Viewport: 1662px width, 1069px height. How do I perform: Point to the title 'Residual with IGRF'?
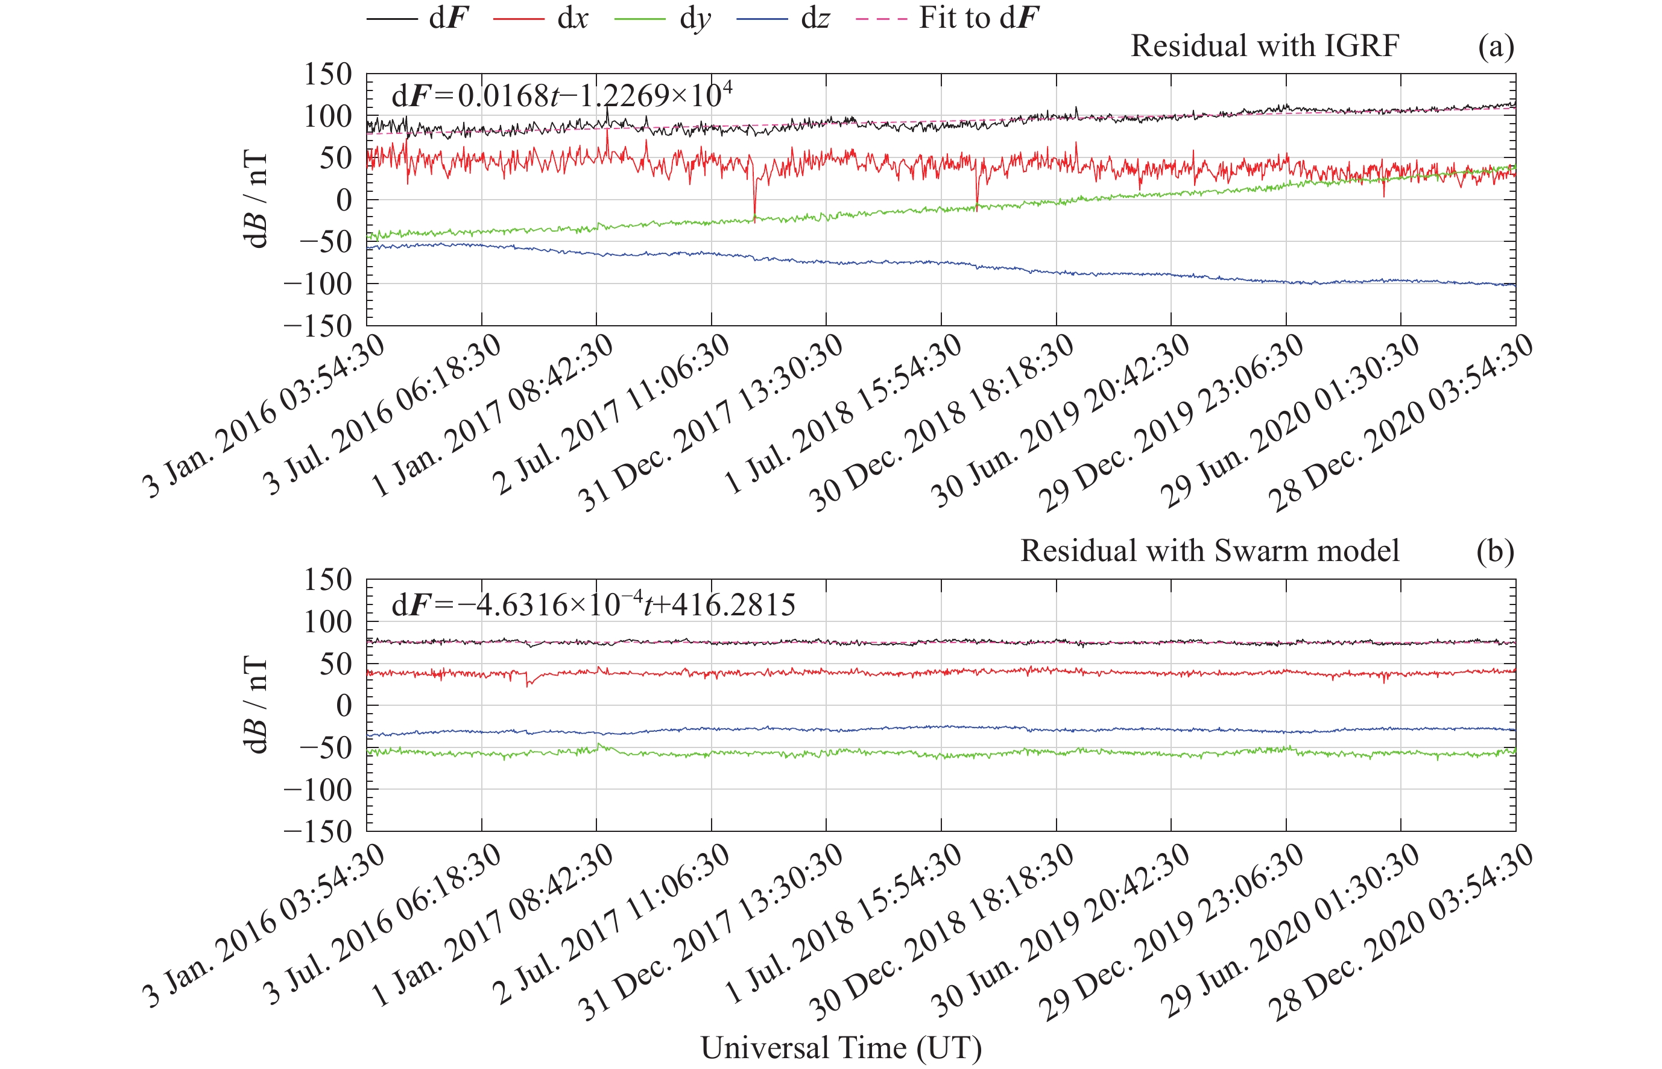coord(1265,46)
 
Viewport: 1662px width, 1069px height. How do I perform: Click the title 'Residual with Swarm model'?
coord(1210,551)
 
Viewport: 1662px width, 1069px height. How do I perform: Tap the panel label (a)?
coord(1496,46)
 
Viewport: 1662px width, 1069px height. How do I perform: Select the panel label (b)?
coord(1496,551)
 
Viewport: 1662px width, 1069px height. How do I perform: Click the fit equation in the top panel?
coord(561,95)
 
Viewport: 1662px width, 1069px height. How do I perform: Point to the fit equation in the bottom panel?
coord(593,604)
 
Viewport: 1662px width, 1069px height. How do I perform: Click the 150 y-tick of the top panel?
coord(328,74)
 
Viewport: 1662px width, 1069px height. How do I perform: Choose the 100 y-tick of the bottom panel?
coord(328,622)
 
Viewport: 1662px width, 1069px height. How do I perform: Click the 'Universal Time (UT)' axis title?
coord(841,1047)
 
